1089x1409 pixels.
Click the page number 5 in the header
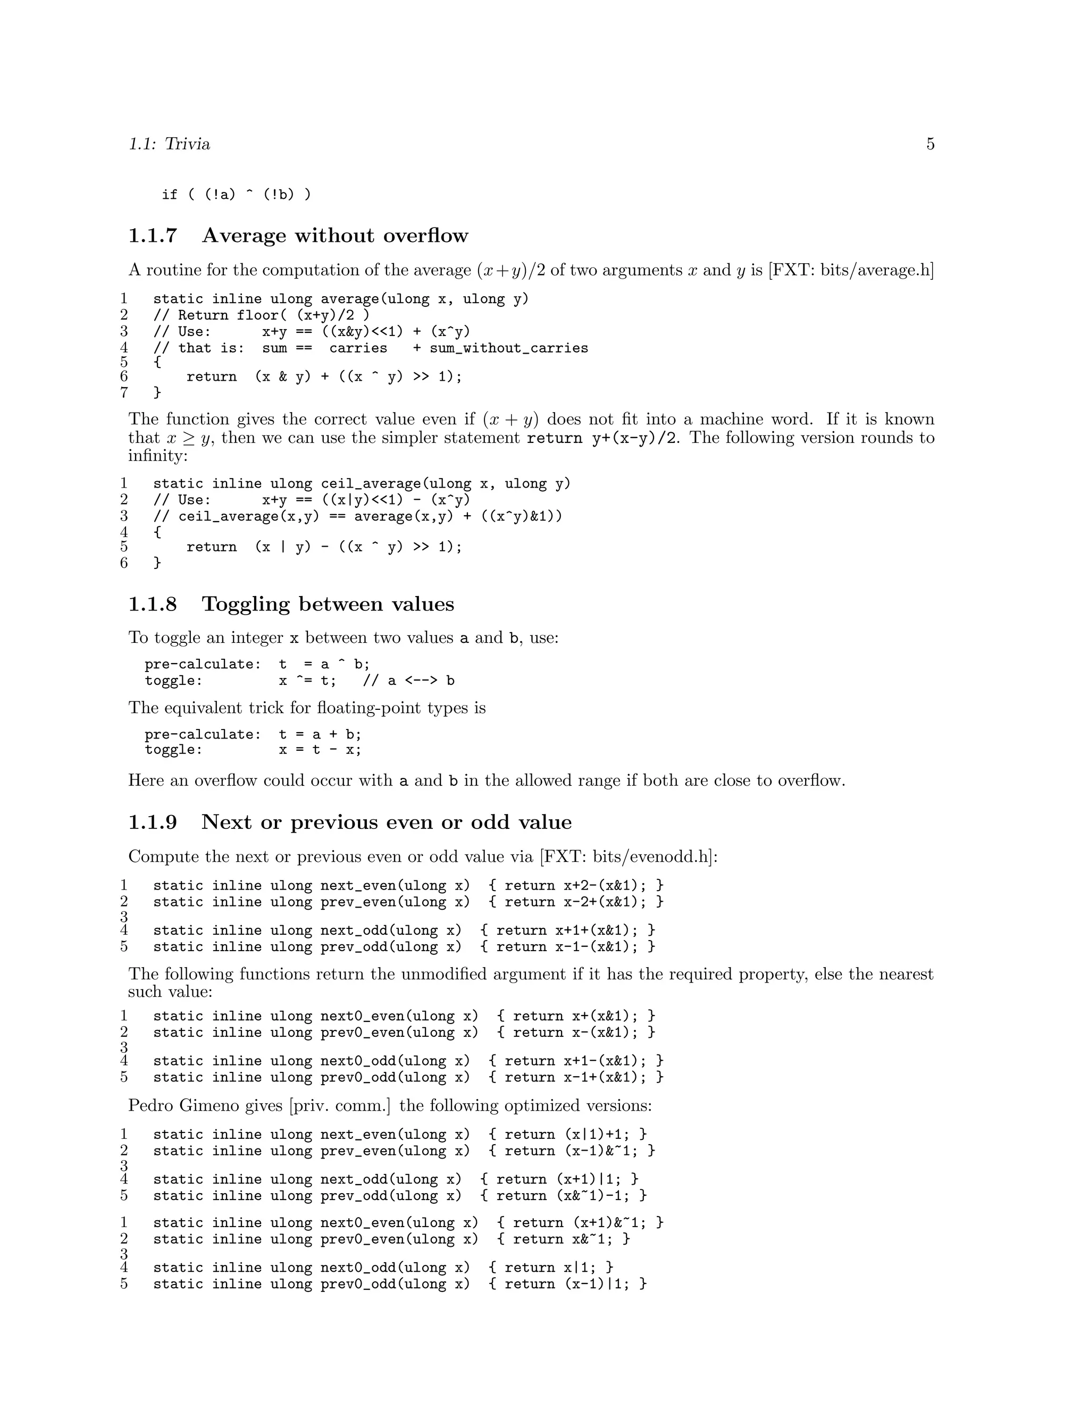[x=929, y=144]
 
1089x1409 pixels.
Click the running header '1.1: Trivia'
[x=169, y=144]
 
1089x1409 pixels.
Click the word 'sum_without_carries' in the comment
[x=509, y=348]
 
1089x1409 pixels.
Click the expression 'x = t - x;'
[x=320, y=750]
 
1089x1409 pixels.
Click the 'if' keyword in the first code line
[x=169, y=195]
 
